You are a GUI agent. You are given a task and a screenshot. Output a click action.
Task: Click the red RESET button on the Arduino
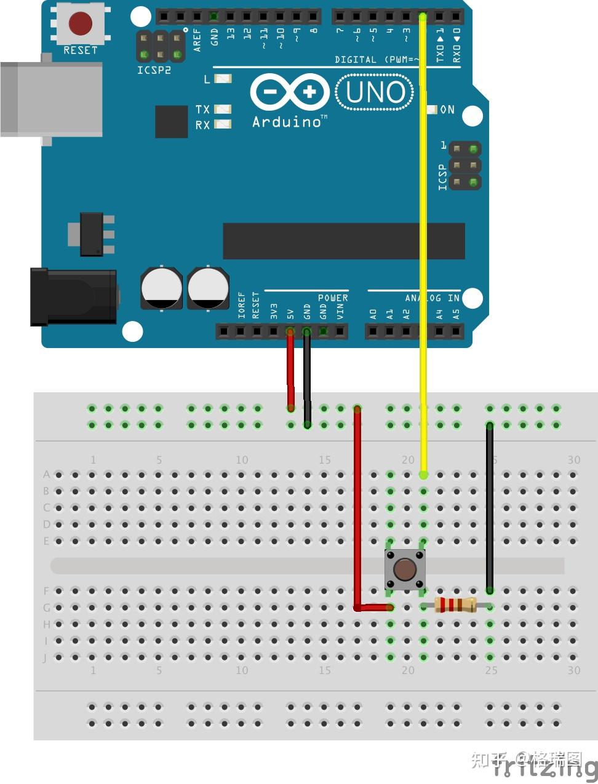click(x=81, y=24)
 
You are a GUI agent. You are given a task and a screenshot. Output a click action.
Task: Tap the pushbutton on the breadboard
click(x=405, y=569)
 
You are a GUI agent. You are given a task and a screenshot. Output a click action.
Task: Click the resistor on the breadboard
click(x=455, y=605)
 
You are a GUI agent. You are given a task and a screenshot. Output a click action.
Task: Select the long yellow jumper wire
click(x=423, y=246)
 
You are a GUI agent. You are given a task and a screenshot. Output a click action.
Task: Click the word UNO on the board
click(x=375, y=92)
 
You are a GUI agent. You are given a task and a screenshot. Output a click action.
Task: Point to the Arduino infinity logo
click(x=290, y=93)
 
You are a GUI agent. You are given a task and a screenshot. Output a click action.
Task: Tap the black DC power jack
click(x=74, y=296)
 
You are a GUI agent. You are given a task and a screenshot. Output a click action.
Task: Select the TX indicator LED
click(x=223, y=109)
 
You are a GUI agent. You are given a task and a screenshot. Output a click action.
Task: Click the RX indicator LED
click(x=223, y=124)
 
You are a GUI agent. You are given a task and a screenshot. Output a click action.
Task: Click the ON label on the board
click(x=447, y=109)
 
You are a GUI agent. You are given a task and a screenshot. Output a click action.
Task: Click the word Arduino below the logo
click(x=287, y=122)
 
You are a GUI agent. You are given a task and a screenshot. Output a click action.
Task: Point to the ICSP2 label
click(x=154, y=70)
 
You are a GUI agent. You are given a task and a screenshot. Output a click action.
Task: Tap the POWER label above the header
click(x=333, y=298)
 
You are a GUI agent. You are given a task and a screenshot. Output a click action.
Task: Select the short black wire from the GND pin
click(x=307, y=378)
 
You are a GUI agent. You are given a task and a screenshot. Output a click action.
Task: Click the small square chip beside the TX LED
click(x=171, y=122)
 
